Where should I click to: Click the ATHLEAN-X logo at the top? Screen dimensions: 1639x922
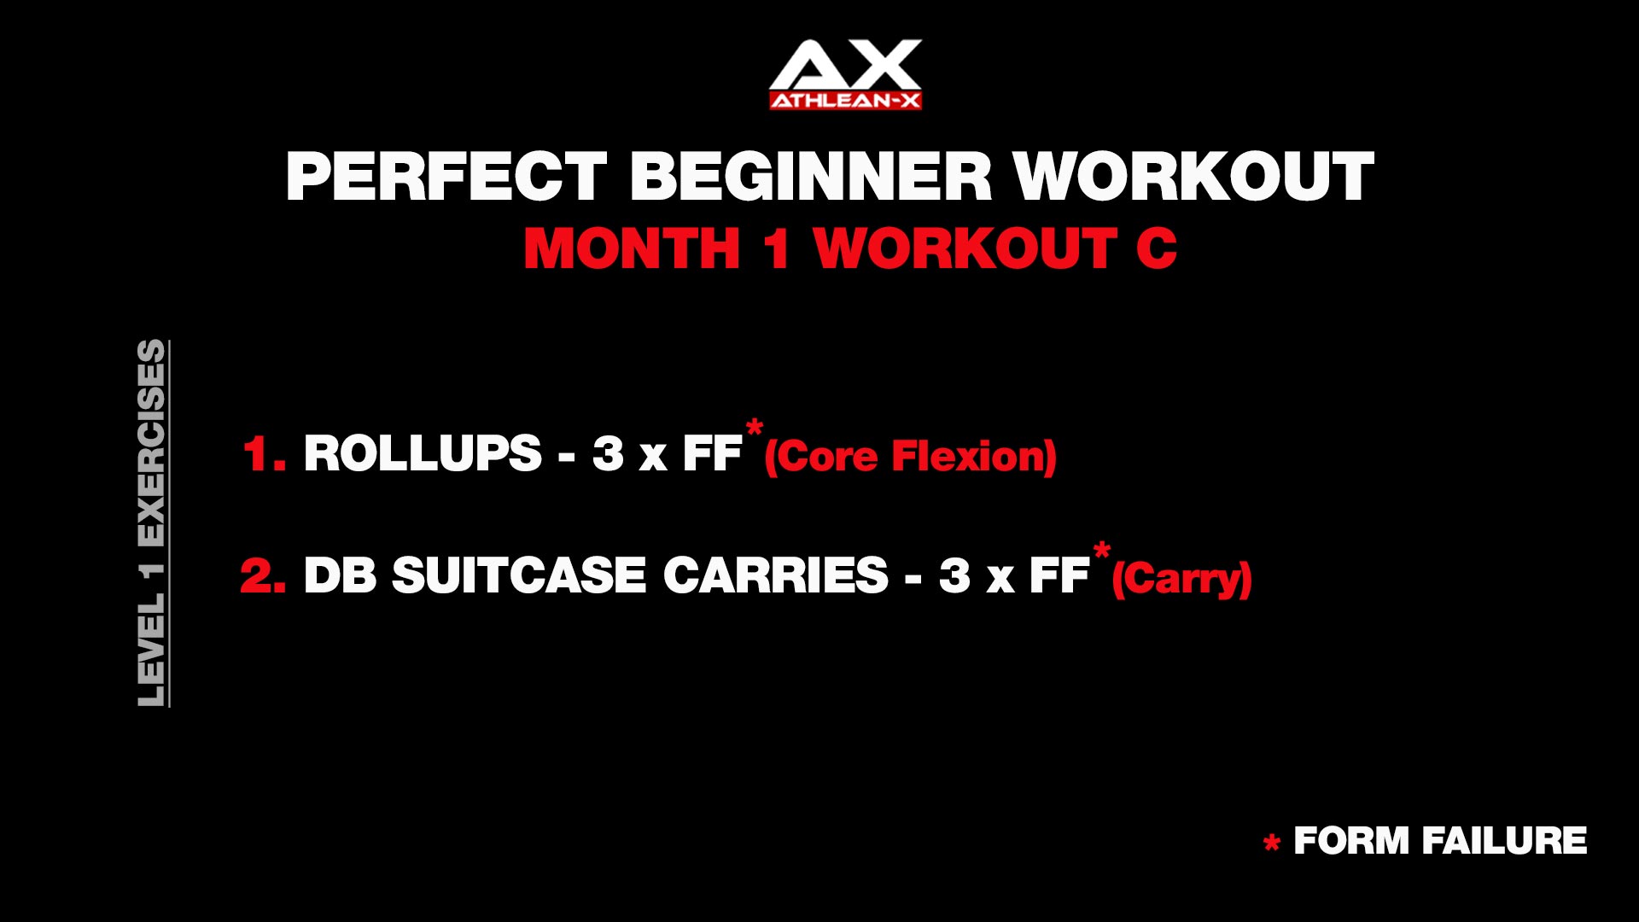point(845,74)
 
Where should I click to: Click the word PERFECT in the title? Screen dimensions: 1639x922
point(446,177)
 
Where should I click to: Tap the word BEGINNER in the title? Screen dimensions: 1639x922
point(811,177)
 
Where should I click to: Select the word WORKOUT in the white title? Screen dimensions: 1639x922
point(1194,177)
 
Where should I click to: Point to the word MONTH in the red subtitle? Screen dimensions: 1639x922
point(632,248)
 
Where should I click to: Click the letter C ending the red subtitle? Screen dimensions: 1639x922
point(1157,248)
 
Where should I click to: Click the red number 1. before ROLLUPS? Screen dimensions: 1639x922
point(264,453)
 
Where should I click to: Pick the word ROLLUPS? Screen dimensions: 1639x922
point(423,453)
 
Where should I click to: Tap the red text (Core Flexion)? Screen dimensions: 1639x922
point(911,456)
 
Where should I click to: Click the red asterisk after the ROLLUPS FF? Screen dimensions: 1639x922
point(755,427)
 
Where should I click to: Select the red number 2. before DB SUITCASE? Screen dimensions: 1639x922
point(263,575)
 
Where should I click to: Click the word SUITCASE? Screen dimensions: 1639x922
point(519,575)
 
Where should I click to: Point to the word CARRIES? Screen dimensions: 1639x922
point(776,575)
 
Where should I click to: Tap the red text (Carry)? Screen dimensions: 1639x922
point(1182,578)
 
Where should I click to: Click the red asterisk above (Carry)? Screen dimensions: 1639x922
point(1102,549)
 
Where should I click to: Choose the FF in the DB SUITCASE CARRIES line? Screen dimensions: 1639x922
point(1059,575)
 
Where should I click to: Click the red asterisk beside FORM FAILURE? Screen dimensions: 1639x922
point(1272,843)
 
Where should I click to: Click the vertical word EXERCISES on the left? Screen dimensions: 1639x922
point(151,444)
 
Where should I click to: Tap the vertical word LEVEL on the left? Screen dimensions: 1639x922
point(151,651)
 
